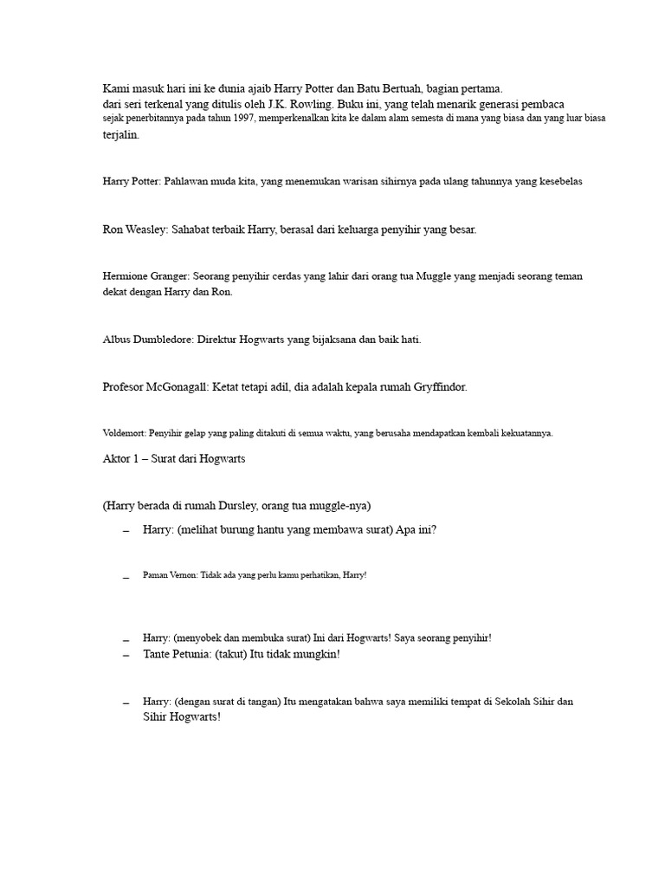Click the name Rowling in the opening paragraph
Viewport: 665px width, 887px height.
click(308, 104)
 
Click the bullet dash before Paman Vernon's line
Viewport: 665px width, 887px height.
click(126, 576)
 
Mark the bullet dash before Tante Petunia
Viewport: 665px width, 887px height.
click(126, 656)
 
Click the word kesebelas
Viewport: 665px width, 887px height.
click(560, 182)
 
